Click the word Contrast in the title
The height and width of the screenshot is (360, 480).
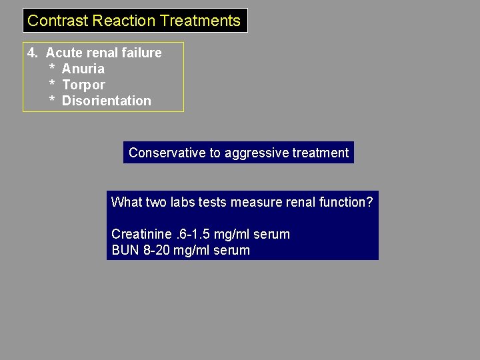click(58, 21)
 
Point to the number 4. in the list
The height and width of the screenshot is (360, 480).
click(33, 53)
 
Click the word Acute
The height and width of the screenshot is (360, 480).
click(64, 53)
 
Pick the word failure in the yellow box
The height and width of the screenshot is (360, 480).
click(141, 53)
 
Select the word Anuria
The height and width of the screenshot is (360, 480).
click(83, 69)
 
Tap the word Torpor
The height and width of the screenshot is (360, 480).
click(83, 85)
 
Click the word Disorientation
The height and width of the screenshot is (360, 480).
click(107, 101)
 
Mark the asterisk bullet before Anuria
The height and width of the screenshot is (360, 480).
click(52, 69)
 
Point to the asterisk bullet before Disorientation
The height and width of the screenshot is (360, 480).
click(52, 101)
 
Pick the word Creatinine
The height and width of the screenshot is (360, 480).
click(140, 234)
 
